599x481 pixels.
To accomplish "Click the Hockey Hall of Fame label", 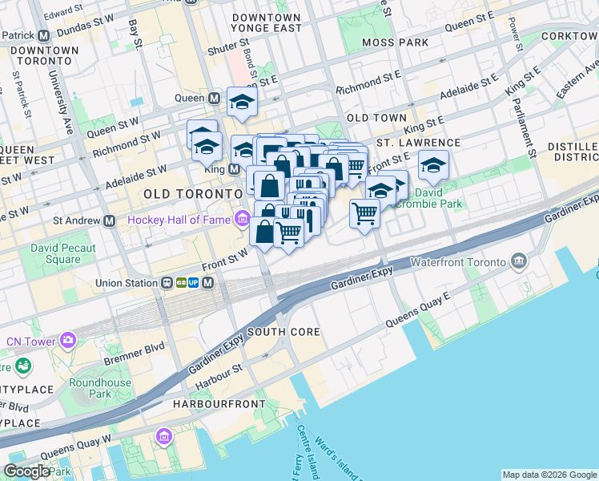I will coord(178,220).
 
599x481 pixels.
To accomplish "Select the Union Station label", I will coord(127,283).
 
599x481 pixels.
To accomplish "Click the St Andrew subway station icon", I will coord(109,220).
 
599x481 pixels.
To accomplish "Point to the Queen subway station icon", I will coord(214,99).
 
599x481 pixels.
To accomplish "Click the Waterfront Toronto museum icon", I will coord(519,262).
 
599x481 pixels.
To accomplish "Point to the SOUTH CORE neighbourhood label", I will coord(283,332).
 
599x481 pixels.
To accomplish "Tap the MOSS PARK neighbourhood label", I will coord(395,42).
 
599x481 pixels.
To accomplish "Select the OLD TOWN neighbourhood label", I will coord(376,118).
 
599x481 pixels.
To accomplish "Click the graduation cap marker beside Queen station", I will coord(239,101).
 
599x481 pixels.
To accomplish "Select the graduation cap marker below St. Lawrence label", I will coord(433,164).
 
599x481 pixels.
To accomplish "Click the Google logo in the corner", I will coord(26,471).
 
